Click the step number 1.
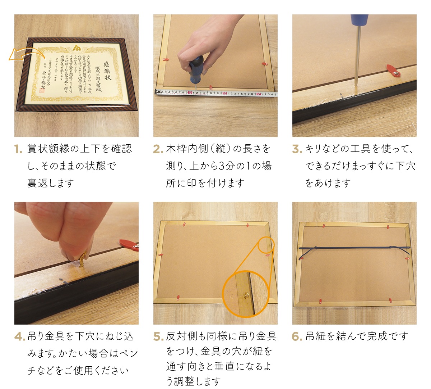pyautogui.click(x=18, y=149)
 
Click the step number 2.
pyautogui.click(x=158, y=149)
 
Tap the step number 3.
pyautogui.click(x=297, y=149)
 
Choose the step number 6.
pyautogui.click(x=297, y=336)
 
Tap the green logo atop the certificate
pyautogui.click(x=77, y=48)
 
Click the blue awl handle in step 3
pyautogui.click(x=359, y=20)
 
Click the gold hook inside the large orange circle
pyautogui.click(x=246, y=295)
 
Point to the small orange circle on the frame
pyautogui.click(x=266, y=245)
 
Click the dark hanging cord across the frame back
pyautogui.click(x=354, y=248)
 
